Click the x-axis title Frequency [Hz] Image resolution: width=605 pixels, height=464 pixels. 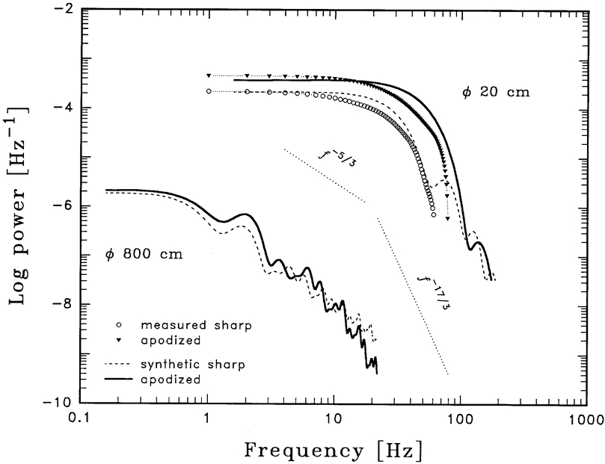[x=333, y=451]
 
